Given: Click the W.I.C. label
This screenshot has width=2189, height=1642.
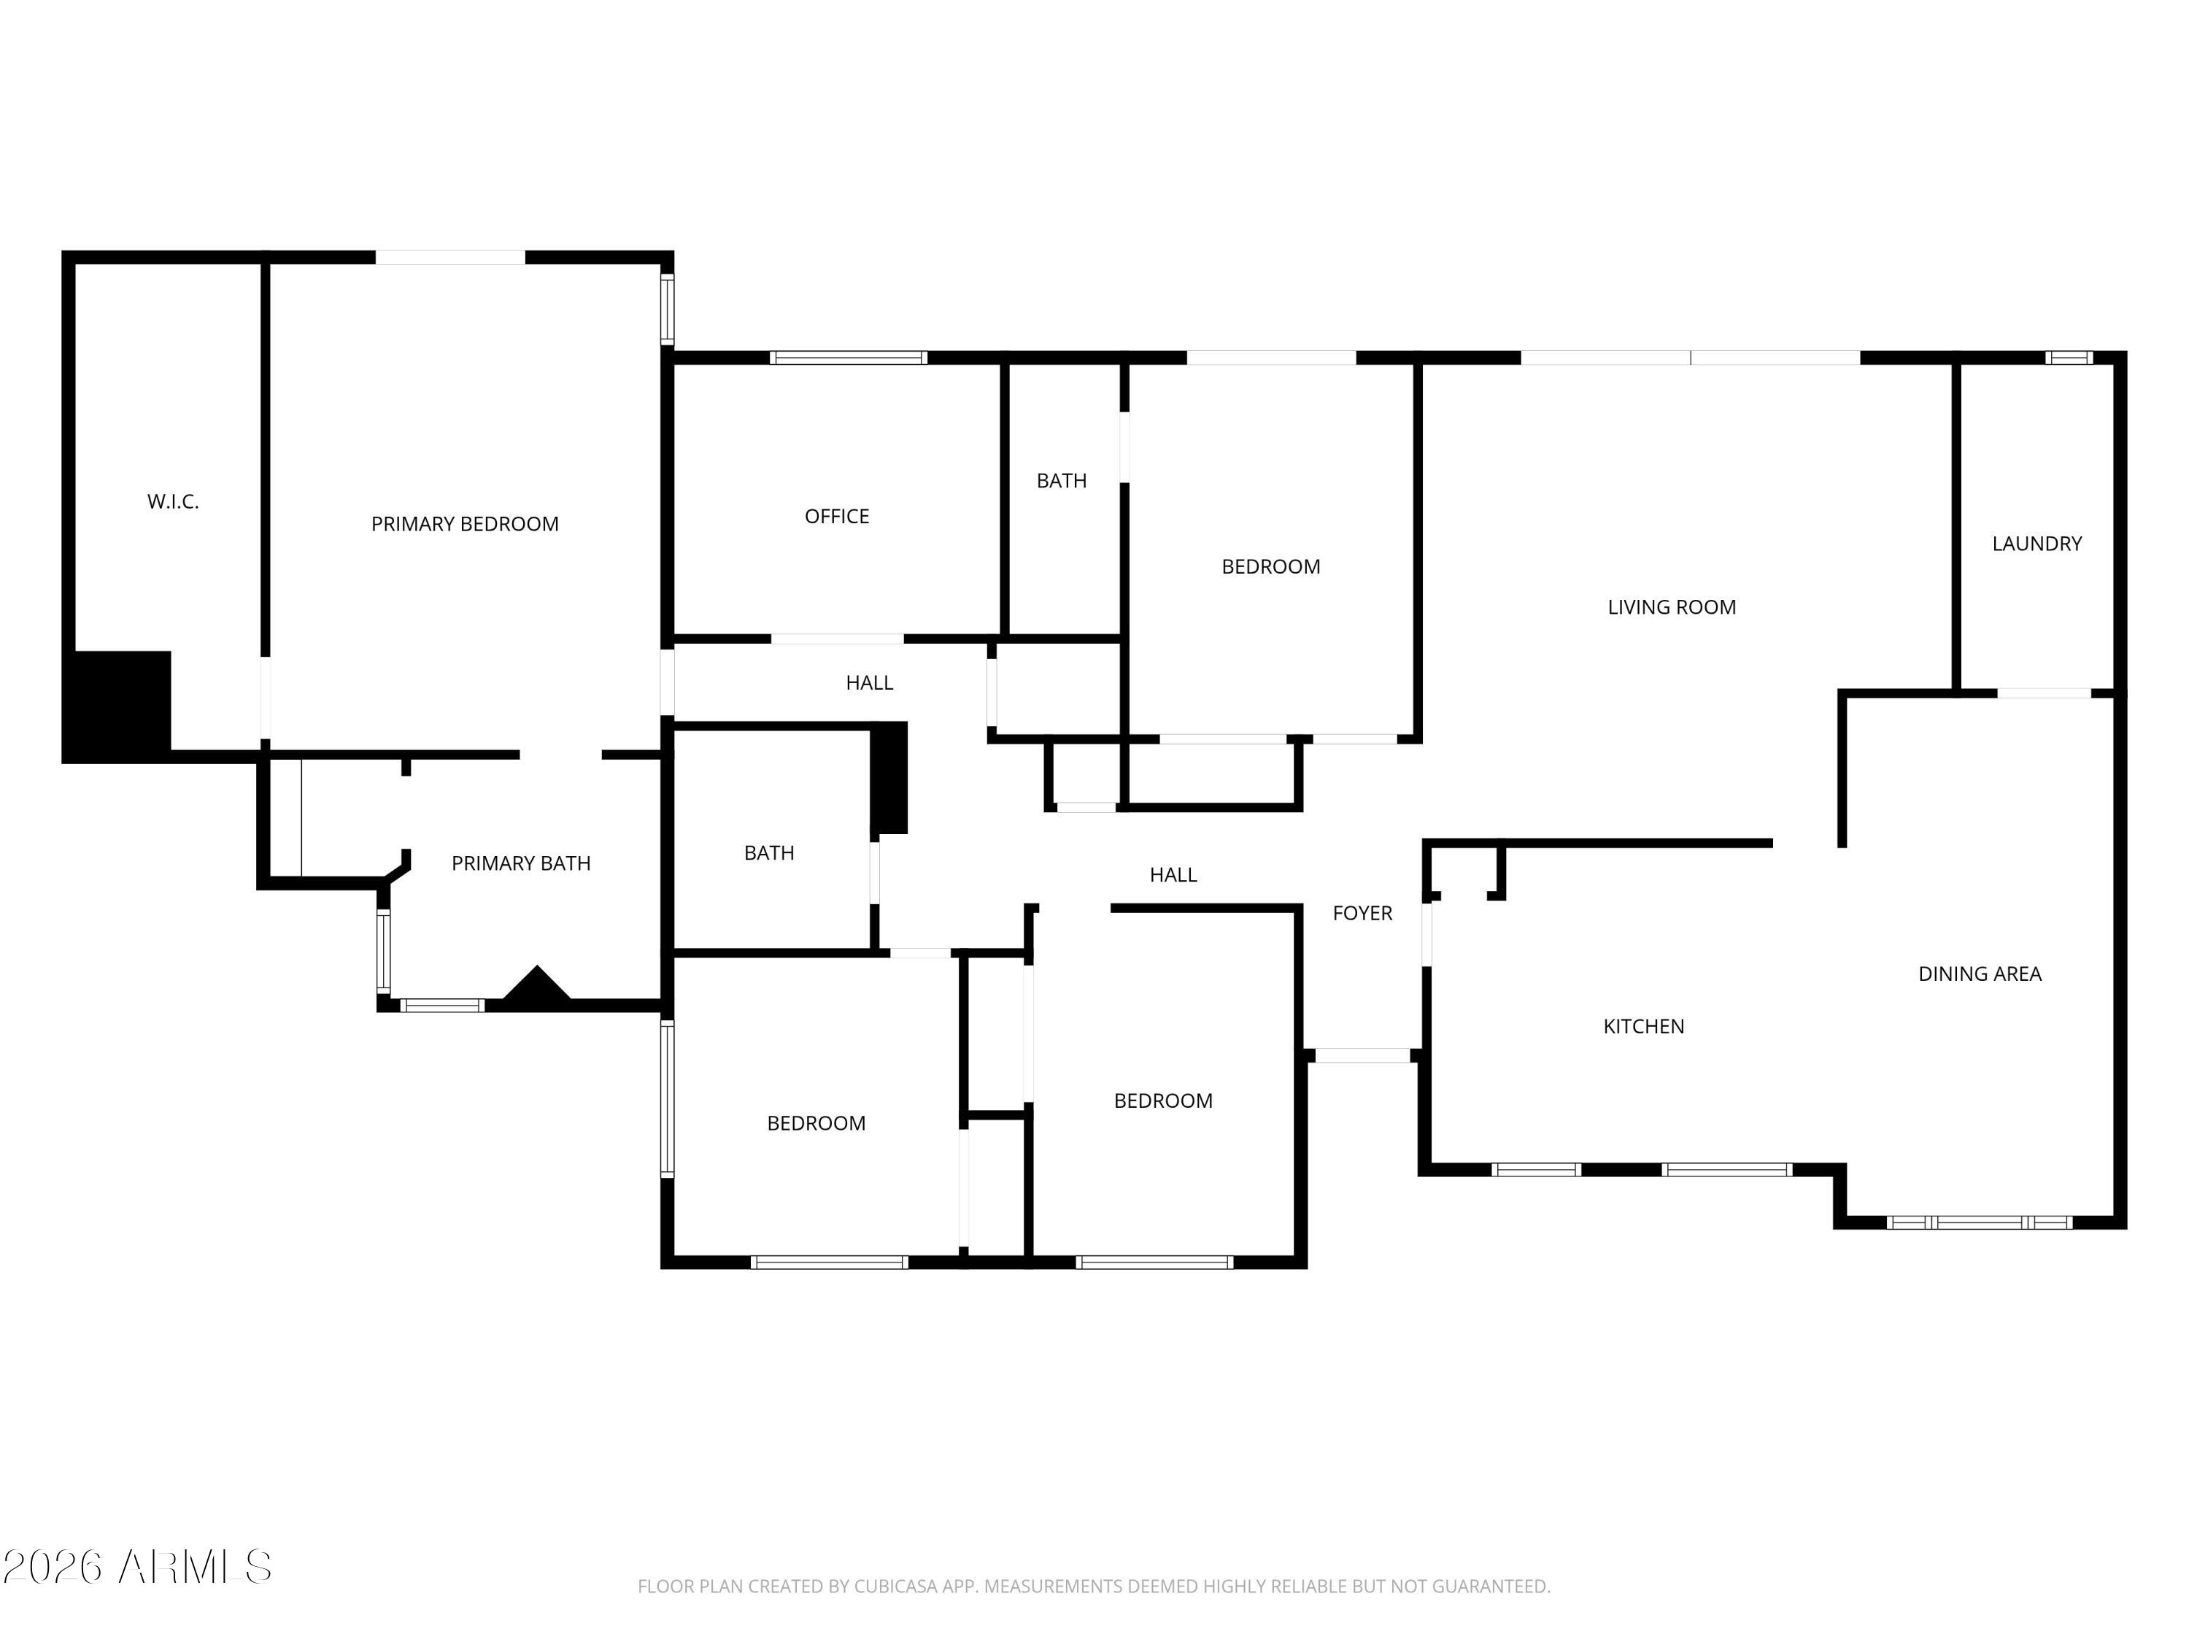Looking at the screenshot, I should coord(173,502).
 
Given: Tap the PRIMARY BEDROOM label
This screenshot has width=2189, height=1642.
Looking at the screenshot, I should coord(464,523).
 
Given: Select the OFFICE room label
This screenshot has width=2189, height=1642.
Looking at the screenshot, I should coord(836,516).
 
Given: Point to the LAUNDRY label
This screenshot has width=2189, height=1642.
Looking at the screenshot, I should coord(2036,544).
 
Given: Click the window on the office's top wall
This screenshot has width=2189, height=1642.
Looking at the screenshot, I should coord(848,358).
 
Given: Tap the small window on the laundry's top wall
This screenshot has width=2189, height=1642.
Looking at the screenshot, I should coord(2069,358).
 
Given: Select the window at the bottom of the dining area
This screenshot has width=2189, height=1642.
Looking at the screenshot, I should coord(1979,1222).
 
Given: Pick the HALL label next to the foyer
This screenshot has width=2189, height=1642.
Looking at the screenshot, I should coord(1173,874).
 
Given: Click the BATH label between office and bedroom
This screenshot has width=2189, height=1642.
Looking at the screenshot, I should coord(1061,480).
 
